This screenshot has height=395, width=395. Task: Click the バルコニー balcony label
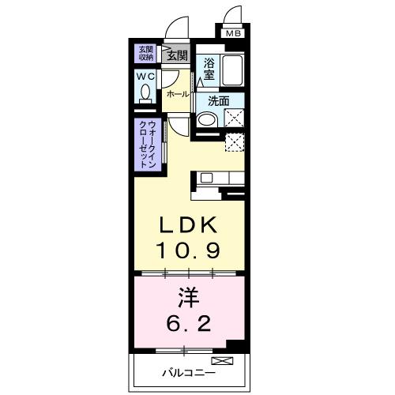(x=188, y=370)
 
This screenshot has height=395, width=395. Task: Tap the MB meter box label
(x=234, y=34)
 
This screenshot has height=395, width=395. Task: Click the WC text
(x=145, y=77)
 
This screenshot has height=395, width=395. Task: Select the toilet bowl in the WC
(x=146, y=93)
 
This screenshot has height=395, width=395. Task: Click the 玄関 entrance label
(x=177, y=55)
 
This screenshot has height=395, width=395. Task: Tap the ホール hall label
(x=177, y=94)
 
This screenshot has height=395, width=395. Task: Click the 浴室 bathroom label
(x=209, y=68)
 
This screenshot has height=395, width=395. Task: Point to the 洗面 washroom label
(x=219, y=101)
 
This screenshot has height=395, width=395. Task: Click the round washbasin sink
(x=205, y=121)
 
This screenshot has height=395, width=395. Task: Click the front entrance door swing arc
(x=180, y=28)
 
